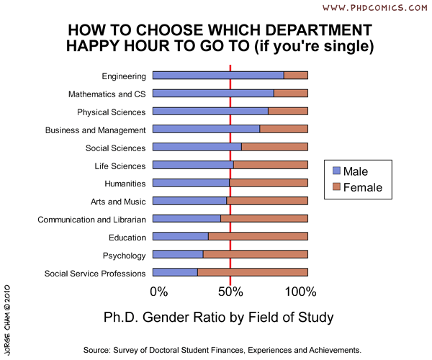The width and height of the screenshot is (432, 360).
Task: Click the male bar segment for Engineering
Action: pos(218,76)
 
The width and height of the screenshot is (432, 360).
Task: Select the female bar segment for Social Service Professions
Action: pos(253,273)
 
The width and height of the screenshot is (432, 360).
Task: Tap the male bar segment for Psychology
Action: pos(178,255)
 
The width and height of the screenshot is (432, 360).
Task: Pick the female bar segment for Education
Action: pos(258,237)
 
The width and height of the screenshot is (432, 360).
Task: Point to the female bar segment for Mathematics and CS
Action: pos(291,94)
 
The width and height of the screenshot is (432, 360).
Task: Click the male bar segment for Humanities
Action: pos(191,183)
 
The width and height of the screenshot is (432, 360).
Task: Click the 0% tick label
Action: pos(158,292)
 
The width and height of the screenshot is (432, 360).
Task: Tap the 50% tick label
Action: pos(230,292)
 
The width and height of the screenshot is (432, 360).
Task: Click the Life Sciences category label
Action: pos(120,166)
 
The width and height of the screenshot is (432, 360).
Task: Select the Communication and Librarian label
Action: pos(91,220)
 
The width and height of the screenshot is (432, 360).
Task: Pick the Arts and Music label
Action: pos(118,202)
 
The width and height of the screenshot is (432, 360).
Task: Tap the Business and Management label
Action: pos(95,130)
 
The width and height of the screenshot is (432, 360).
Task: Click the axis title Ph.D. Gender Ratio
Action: pos(219,317)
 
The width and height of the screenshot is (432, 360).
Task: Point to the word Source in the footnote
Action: pos(99,349)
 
